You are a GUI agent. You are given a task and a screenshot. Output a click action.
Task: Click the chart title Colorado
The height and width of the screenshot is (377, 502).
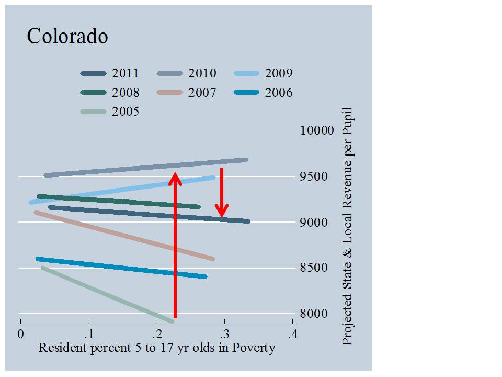coord(67,36)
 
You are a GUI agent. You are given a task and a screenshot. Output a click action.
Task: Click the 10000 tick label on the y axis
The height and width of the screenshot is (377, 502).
coord(316,130)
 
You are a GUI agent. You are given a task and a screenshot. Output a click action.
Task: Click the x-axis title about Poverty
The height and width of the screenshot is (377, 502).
coord(157,348)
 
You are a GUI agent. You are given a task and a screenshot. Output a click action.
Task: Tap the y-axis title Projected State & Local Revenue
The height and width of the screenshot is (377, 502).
coord(347,226)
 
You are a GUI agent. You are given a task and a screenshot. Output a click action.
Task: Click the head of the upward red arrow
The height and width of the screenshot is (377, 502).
coord(175,178)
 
